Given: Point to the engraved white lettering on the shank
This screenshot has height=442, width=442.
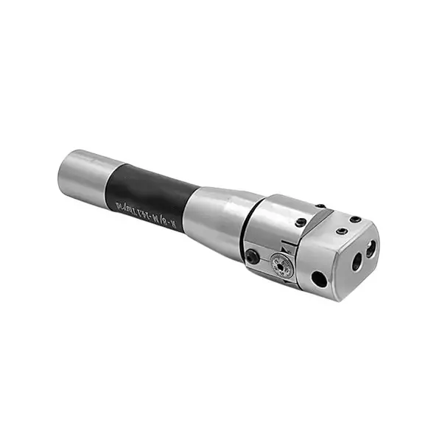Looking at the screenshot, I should [x=144, y=203].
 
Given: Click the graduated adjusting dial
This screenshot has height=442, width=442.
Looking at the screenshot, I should [x=282, y=263].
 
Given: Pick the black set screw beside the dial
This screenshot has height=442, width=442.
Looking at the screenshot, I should [x=253, y=256].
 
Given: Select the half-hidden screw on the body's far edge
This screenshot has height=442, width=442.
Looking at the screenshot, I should [x=320, y=206].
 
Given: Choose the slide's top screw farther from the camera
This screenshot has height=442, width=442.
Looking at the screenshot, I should [x=355, y=219].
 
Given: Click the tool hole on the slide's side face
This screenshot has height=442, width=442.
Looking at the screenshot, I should [x=319, y=279].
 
